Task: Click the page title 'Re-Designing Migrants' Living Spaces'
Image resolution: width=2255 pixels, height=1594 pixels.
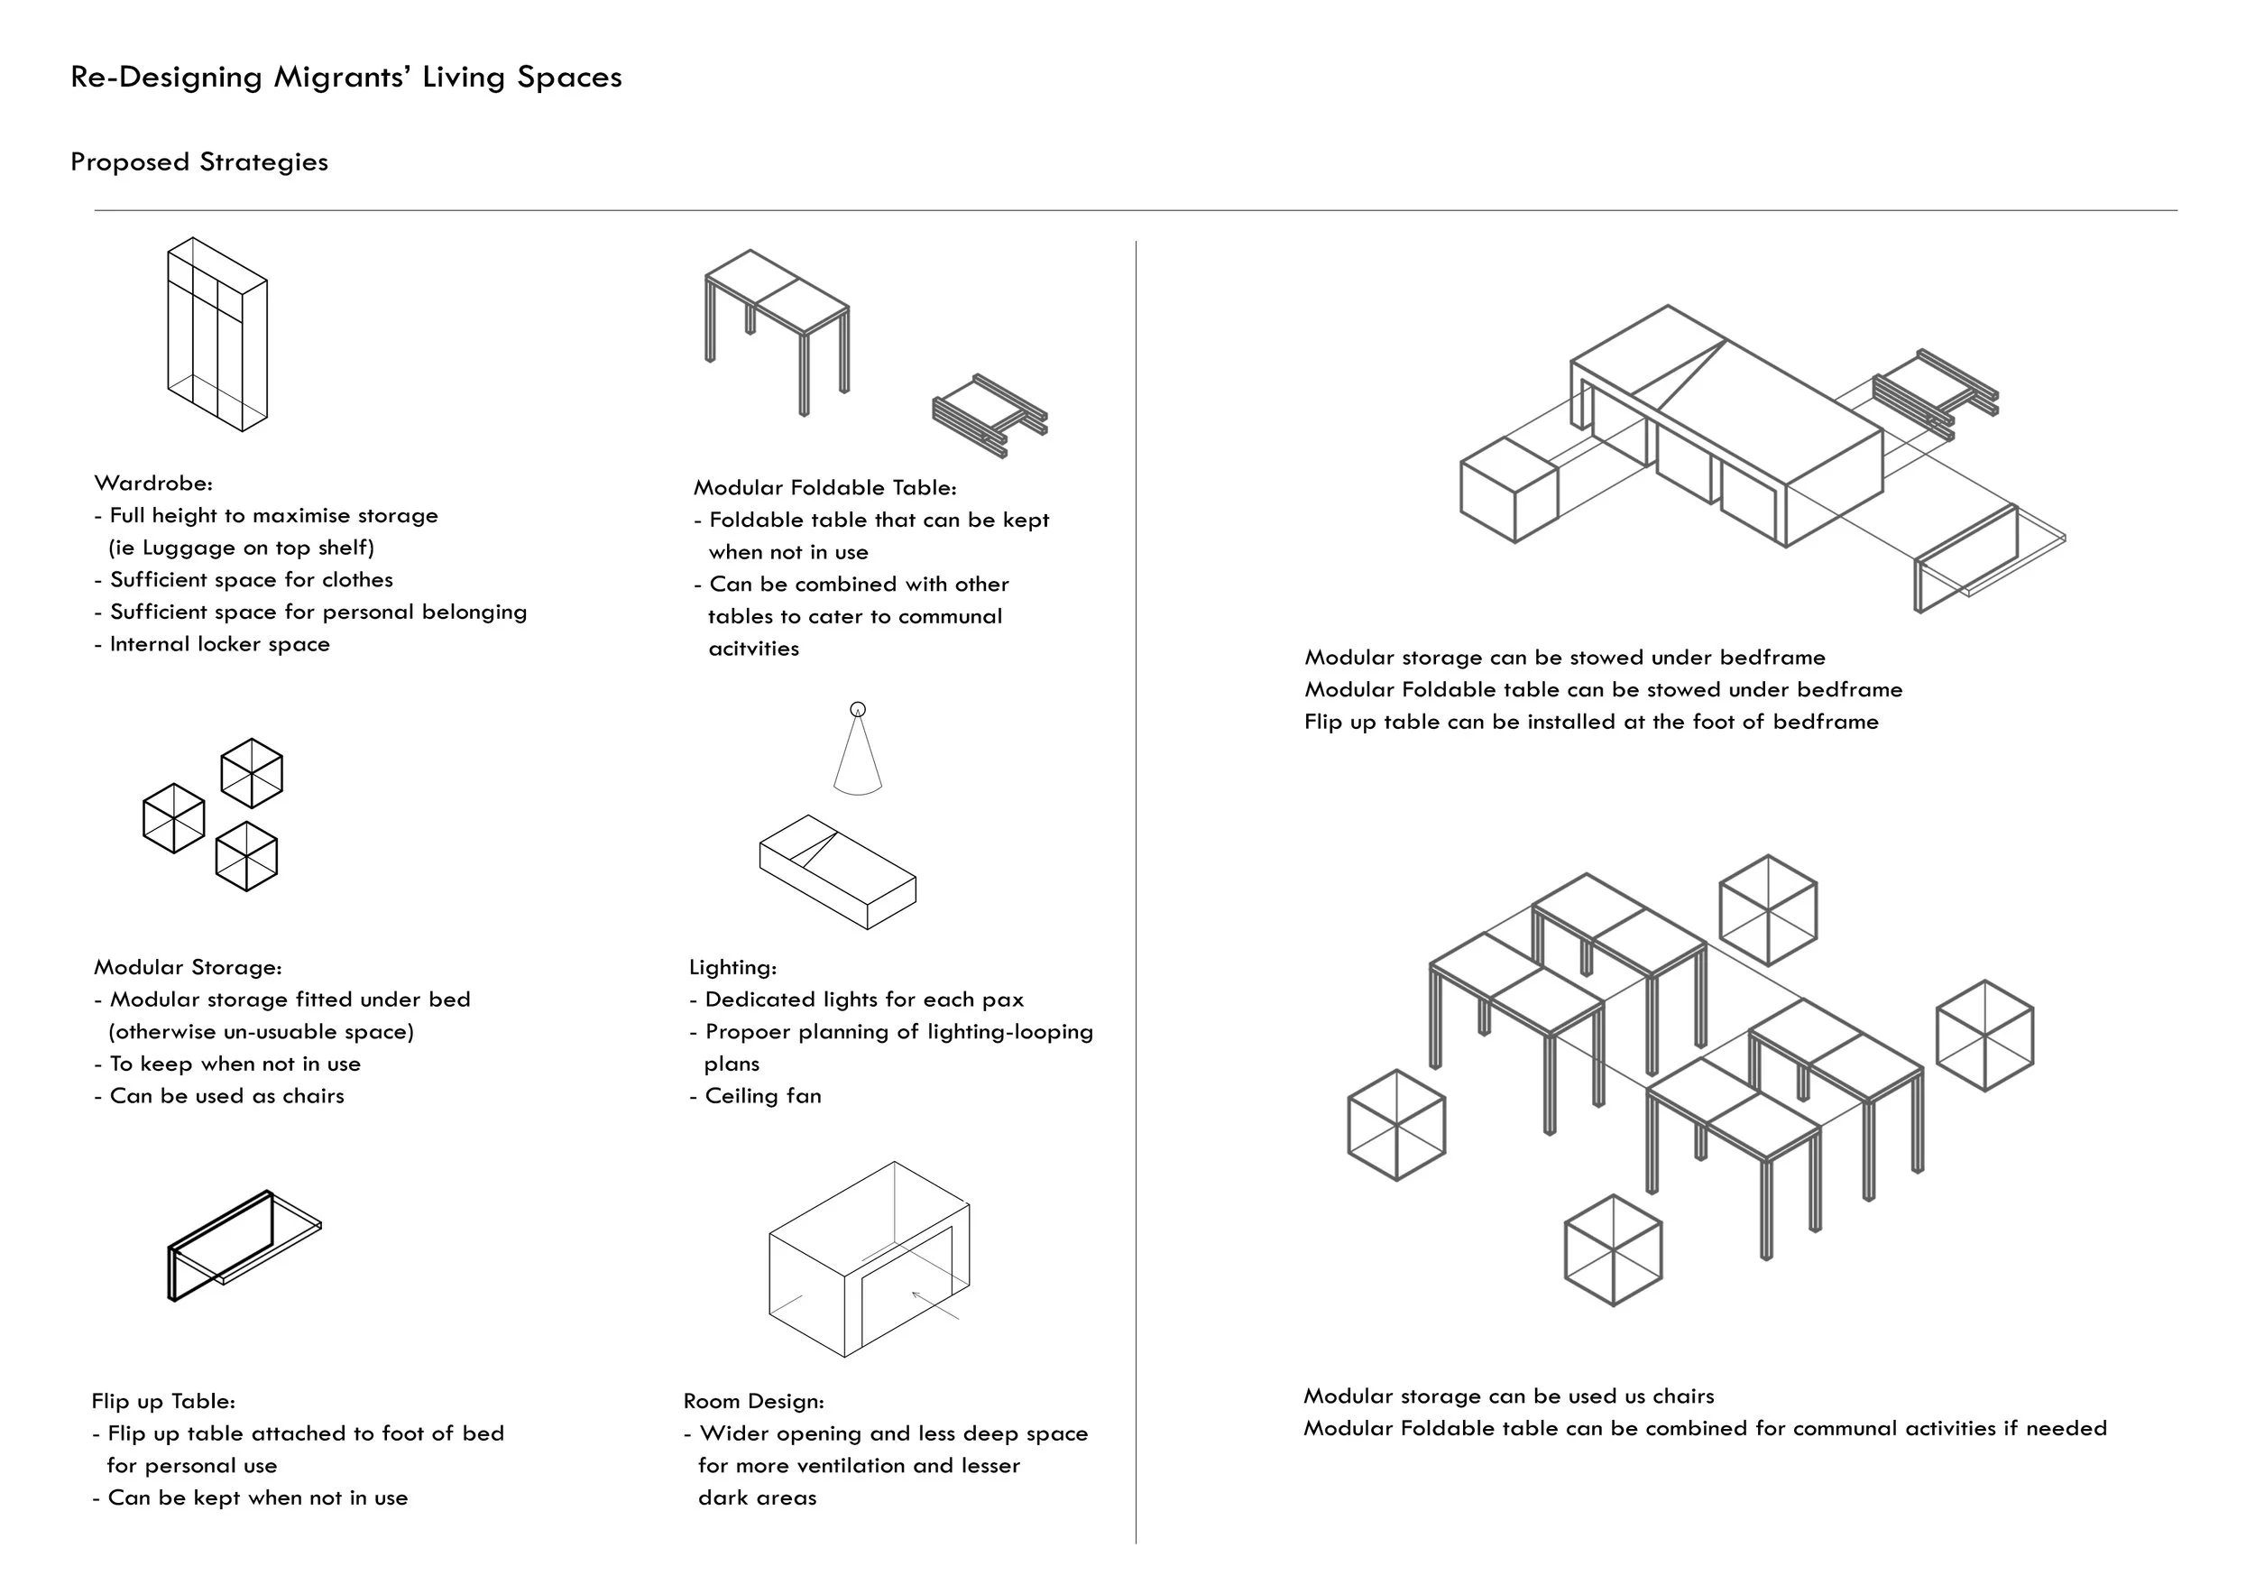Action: point(345,78)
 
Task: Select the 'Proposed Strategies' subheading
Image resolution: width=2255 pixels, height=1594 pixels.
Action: point(199,162)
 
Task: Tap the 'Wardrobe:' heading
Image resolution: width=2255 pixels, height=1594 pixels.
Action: point(153,484)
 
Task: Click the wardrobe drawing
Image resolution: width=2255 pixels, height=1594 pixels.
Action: point(217,334)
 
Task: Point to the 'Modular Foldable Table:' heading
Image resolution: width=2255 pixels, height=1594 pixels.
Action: point(824,488)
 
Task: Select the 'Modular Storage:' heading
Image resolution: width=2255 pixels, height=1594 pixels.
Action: point(188,967)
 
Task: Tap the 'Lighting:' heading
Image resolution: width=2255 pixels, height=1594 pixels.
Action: point(732,967)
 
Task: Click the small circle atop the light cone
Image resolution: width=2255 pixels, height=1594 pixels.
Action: point(858,709)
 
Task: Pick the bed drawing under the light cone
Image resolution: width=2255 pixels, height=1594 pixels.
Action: point(838,871)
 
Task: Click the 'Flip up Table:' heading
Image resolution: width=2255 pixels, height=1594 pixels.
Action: point(163,1402)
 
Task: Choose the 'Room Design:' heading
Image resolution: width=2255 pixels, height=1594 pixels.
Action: point(753,1402)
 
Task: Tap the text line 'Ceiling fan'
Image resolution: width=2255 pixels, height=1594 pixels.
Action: point(762,1096)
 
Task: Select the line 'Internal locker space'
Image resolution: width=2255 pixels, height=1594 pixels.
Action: point(219,644)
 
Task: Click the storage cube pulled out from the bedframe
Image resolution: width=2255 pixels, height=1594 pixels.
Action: point(1508,489)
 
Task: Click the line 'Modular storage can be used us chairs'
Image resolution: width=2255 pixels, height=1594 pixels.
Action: point(1508,1396)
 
